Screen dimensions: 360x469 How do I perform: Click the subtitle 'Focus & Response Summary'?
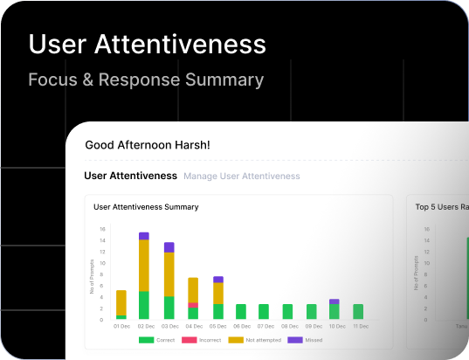[146, 80]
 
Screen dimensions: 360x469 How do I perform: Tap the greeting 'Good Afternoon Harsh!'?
[148, 145]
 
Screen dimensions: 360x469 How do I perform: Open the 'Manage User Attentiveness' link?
[241, 177]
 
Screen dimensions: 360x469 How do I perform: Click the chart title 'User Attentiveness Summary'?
[146, 207]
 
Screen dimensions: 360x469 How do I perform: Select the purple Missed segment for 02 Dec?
[144, 236]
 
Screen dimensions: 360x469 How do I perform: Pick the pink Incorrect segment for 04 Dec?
[193, 305]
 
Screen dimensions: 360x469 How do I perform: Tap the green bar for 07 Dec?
[264, 311]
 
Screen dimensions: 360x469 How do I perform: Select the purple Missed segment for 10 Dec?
[335, 301]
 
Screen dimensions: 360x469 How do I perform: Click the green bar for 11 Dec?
[358, 311]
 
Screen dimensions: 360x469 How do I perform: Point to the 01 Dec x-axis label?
[121, 326]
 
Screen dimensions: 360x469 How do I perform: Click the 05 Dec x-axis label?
[217, 326]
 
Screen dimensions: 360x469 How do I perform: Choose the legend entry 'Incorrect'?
[204, 339]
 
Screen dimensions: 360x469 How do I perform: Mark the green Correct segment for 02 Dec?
[144, 305]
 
